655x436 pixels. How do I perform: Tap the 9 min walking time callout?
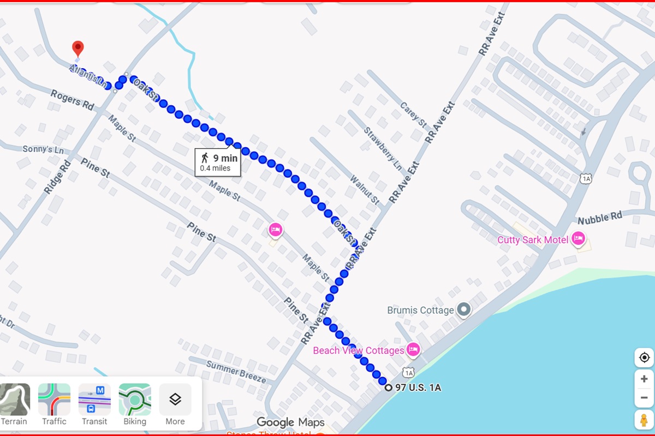coord(218,162)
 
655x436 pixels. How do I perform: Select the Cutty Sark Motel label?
coord(533,240)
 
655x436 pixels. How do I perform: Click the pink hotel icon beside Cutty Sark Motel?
coord(579,239)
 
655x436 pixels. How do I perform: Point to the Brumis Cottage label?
coord(420,310)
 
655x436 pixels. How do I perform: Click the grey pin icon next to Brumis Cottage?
coord(464,310)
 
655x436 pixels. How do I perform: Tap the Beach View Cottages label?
coord(358,350)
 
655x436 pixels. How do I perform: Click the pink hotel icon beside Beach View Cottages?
coord(413,350)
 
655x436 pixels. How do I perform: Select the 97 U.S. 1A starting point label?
coord(418,388)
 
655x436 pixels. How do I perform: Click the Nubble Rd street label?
coord(600,218)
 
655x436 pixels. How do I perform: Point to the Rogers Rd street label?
coord(73,100)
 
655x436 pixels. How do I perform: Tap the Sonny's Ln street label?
coord(43,149)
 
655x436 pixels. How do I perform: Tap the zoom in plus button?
coord(644,379)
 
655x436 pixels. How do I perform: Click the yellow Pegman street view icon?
coord(644,420)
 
